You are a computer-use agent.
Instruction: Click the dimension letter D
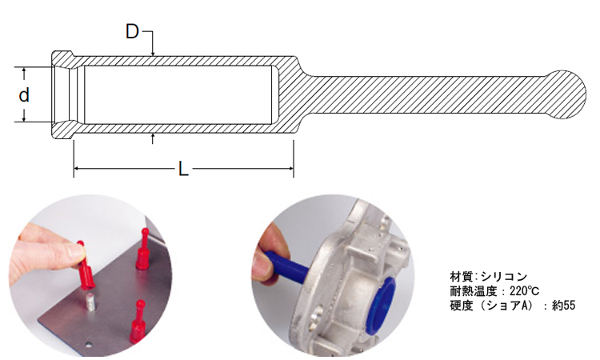click(x=132, y=31)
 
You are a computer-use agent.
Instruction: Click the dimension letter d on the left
click(x=24, y=94)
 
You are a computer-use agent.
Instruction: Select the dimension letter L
click(x=184, y=168)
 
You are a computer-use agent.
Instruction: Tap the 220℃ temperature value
click(x=524, y=291)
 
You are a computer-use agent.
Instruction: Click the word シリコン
click(x=504, y=276)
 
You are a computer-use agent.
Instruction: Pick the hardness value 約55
click(x=563, y=306)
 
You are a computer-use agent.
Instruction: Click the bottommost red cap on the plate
click(x=138, y=322)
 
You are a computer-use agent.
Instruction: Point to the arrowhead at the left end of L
click(x=77, y=168)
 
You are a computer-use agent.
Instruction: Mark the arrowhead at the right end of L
click(x=290, y=168)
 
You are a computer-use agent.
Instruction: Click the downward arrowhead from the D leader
click(x=153, y=53)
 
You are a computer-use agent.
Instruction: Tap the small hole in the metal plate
click(x=89, y=344)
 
